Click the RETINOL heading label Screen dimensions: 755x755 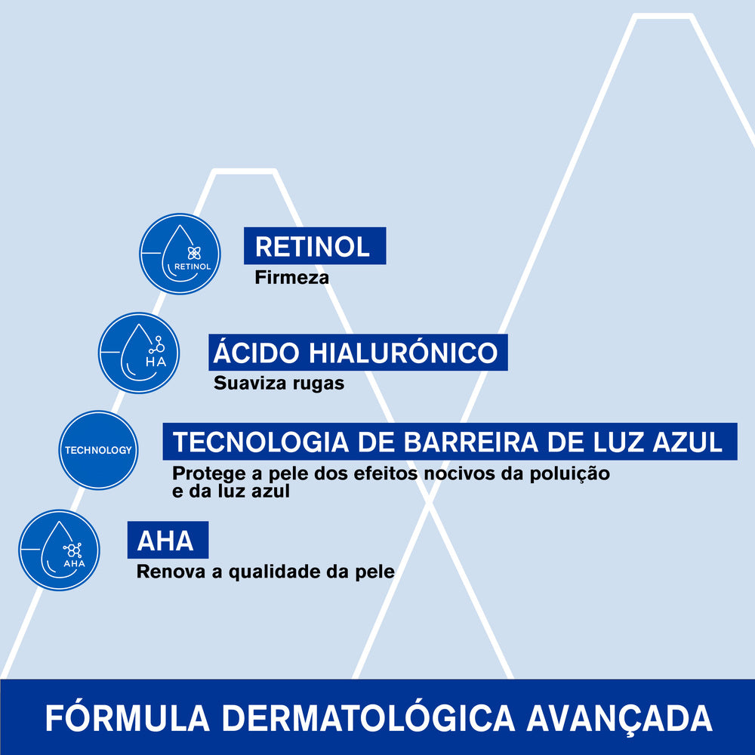[x=313, y=247]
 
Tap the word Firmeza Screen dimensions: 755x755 [x=291, y=278]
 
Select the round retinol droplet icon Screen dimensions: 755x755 [x=180, y=254]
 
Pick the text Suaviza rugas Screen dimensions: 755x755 [x=279, y=384]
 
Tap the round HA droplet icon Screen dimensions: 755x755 [x=139, y=353]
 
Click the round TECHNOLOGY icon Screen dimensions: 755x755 [x=98, y=450]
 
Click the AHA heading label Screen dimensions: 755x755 [x=166, y=541]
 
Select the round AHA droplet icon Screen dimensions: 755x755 [x=59, y=550]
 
